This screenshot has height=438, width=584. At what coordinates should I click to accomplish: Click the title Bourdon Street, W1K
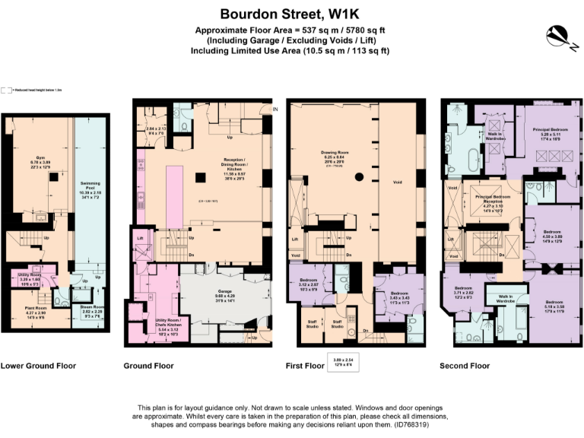click(x=292, y=13)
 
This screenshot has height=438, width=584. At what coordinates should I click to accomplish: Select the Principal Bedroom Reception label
click(x=494, y=199)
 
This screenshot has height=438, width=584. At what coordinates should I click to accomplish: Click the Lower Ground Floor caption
click(x=39, y=366)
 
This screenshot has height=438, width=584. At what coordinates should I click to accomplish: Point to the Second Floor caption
click(x=465, y=366)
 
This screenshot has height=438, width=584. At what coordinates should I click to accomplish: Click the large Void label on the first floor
click(x=397, y=182)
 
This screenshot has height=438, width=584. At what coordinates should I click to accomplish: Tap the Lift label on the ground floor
click(x=141, y=238)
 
